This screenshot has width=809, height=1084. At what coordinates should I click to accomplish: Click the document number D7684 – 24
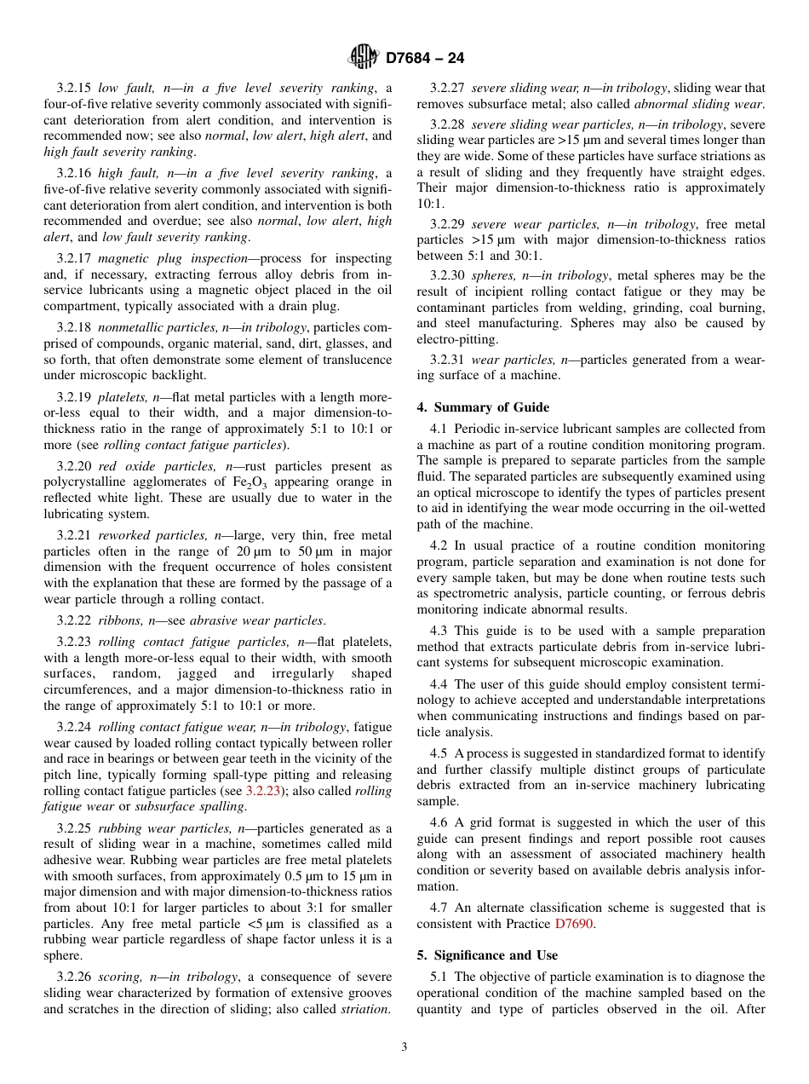click(425, 59)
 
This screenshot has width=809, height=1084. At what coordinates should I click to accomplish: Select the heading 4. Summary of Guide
click(483, 407)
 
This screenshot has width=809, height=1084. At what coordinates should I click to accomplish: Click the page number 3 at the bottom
click(404, 1047)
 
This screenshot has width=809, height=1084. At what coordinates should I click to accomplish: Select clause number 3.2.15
click(75, 88)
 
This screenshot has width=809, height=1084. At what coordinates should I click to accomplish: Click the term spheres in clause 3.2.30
click(494, 275)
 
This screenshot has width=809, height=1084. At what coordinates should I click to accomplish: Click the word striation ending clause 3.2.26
click(365, 1009)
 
